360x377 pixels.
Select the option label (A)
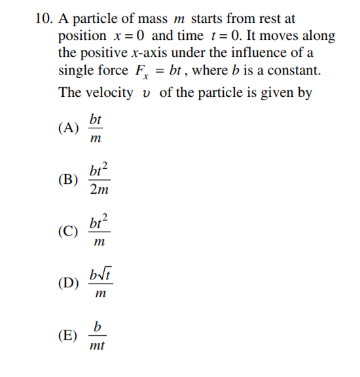(x=68, y=128)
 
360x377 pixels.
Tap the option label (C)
(x=68, y=231)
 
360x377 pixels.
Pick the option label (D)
(x=68, y=283)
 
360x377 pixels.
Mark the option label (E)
(x=68, y=335)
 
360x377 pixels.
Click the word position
(x=82, y=35)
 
